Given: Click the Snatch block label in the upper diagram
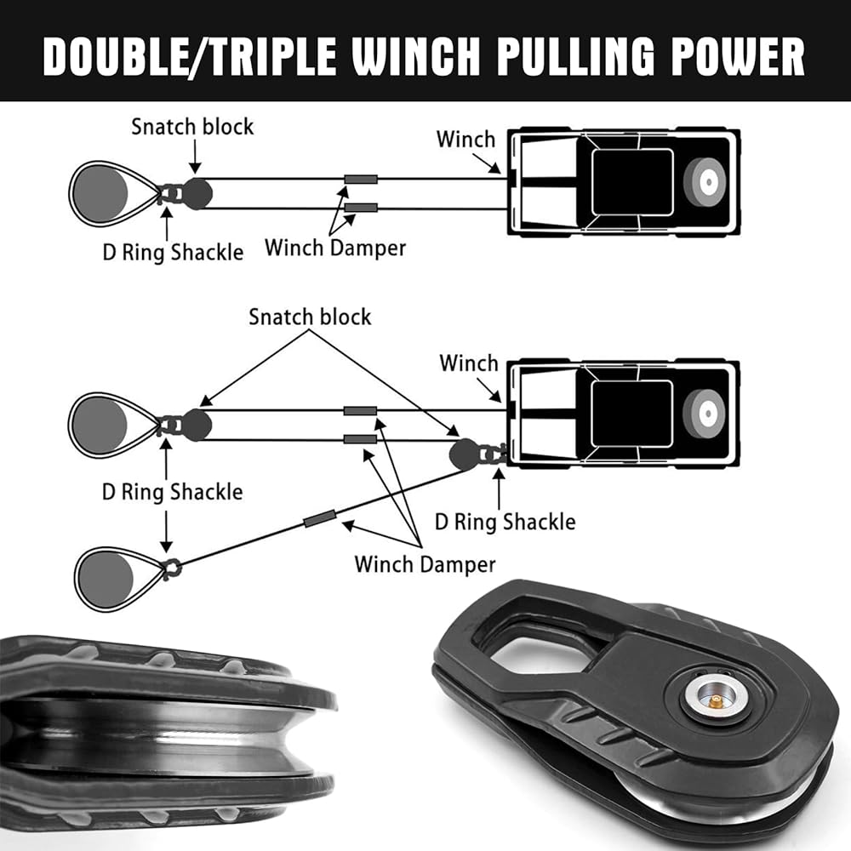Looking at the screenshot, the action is click(192, 127).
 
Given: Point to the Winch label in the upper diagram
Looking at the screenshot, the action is click(465, 139).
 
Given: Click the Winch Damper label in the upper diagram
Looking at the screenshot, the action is click(335, 248).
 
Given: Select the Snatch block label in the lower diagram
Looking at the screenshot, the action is click(310, 317).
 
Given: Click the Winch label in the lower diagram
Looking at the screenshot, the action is click(469, 363).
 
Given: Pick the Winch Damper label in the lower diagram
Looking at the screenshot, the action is click(425, 563).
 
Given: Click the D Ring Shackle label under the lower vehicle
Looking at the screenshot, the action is click(505, 521).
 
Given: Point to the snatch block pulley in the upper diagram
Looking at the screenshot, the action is click(197, 193).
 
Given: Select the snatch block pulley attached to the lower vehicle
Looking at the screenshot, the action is click(465, 454).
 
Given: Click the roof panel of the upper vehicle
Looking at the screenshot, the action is click(631, 181).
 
